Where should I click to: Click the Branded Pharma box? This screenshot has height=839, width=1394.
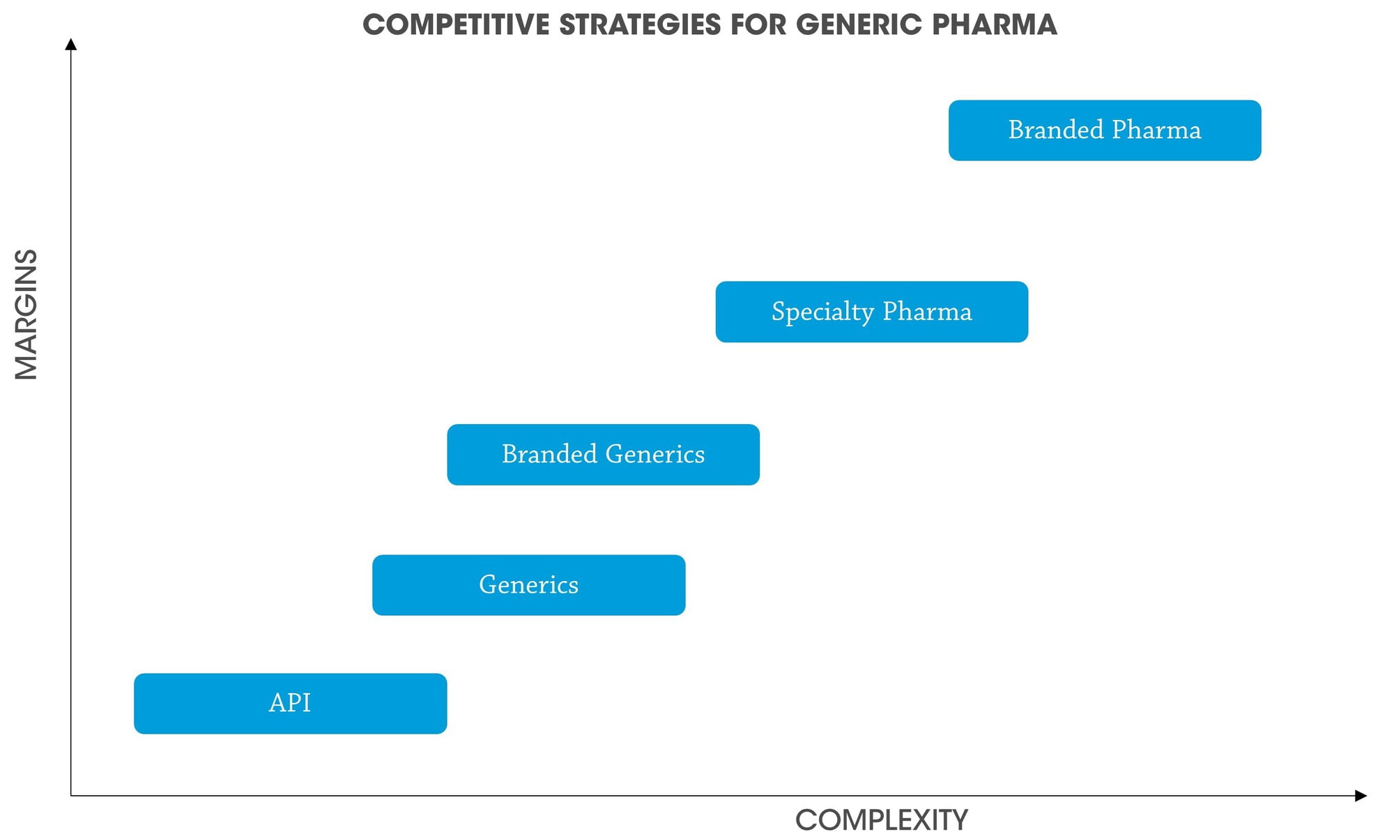pyautogui.click(x=1105, y=130)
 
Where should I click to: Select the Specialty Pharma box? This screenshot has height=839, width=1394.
pyautogui.click(x=872, y=312)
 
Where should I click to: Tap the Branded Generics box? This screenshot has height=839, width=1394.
pyautogui.click(x=604, y=455)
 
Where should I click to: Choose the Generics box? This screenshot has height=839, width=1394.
pyautogui.click(x=529, y=585)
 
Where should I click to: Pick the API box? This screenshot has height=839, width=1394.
pyautogui.click(x=291, y=704)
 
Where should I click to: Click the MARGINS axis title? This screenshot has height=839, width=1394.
pyautogui.click(x=26, y=315)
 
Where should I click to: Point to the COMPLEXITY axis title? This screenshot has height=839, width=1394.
pyautogui.click(x=882, y=820)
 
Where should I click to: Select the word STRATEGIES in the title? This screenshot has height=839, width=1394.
pyautogui.click(x=641, y=25)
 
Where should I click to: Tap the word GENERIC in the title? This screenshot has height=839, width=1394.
pyautogui.click(x=860, y=25)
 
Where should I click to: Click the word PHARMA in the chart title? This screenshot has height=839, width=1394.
pyautogui.click(x=995, y=25)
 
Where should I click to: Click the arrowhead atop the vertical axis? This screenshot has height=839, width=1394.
pyautogui.click(x=70, y=44)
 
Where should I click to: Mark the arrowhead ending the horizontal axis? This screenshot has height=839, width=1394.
pyautogui.click(x=1361, y=796)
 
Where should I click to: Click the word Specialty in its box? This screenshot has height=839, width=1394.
pyautogui.click(x=822, y=312)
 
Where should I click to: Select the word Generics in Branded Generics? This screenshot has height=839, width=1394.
pyautogui.click(x=655, y=454)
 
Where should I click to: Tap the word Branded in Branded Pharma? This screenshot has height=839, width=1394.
pyautogui.click(x=1056, y=130)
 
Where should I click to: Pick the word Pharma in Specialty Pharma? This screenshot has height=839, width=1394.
pyautogui.click(x=927, y=311)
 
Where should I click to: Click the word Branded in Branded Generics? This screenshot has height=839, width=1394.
pyautogui.click(x=550, y=454)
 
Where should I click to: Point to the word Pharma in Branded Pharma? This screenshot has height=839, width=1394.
pyautogui.click(x=1157, y=130)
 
